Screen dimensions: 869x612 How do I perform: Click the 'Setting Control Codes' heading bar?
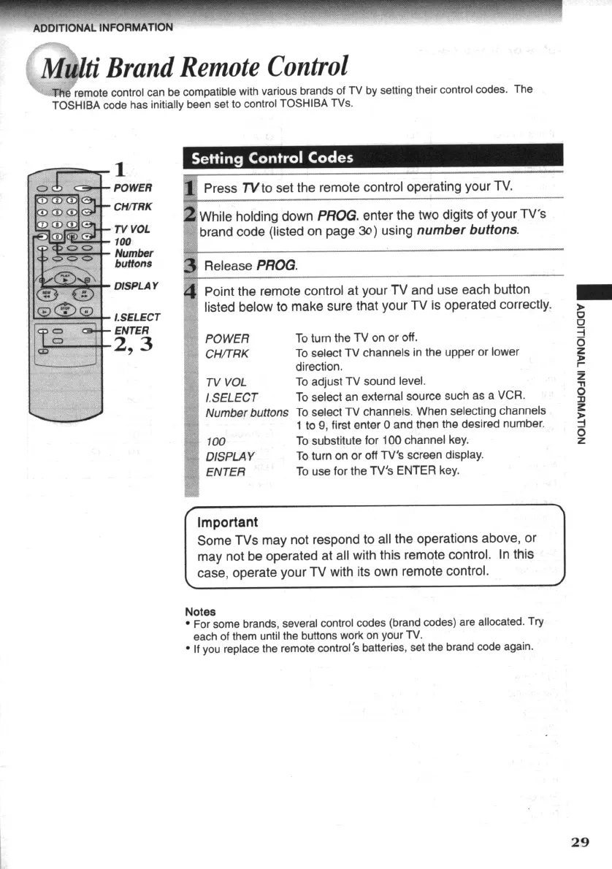[272, 158]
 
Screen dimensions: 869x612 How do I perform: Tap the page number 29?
[579, 841]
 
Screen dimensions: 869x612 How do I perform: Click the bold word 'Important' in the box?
[228, 522]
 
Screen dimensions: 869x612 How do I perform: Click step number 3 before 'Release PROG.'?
[191, 264]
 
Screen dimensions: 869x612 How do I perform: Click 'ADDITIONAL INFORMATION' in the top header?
[102, 28]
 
